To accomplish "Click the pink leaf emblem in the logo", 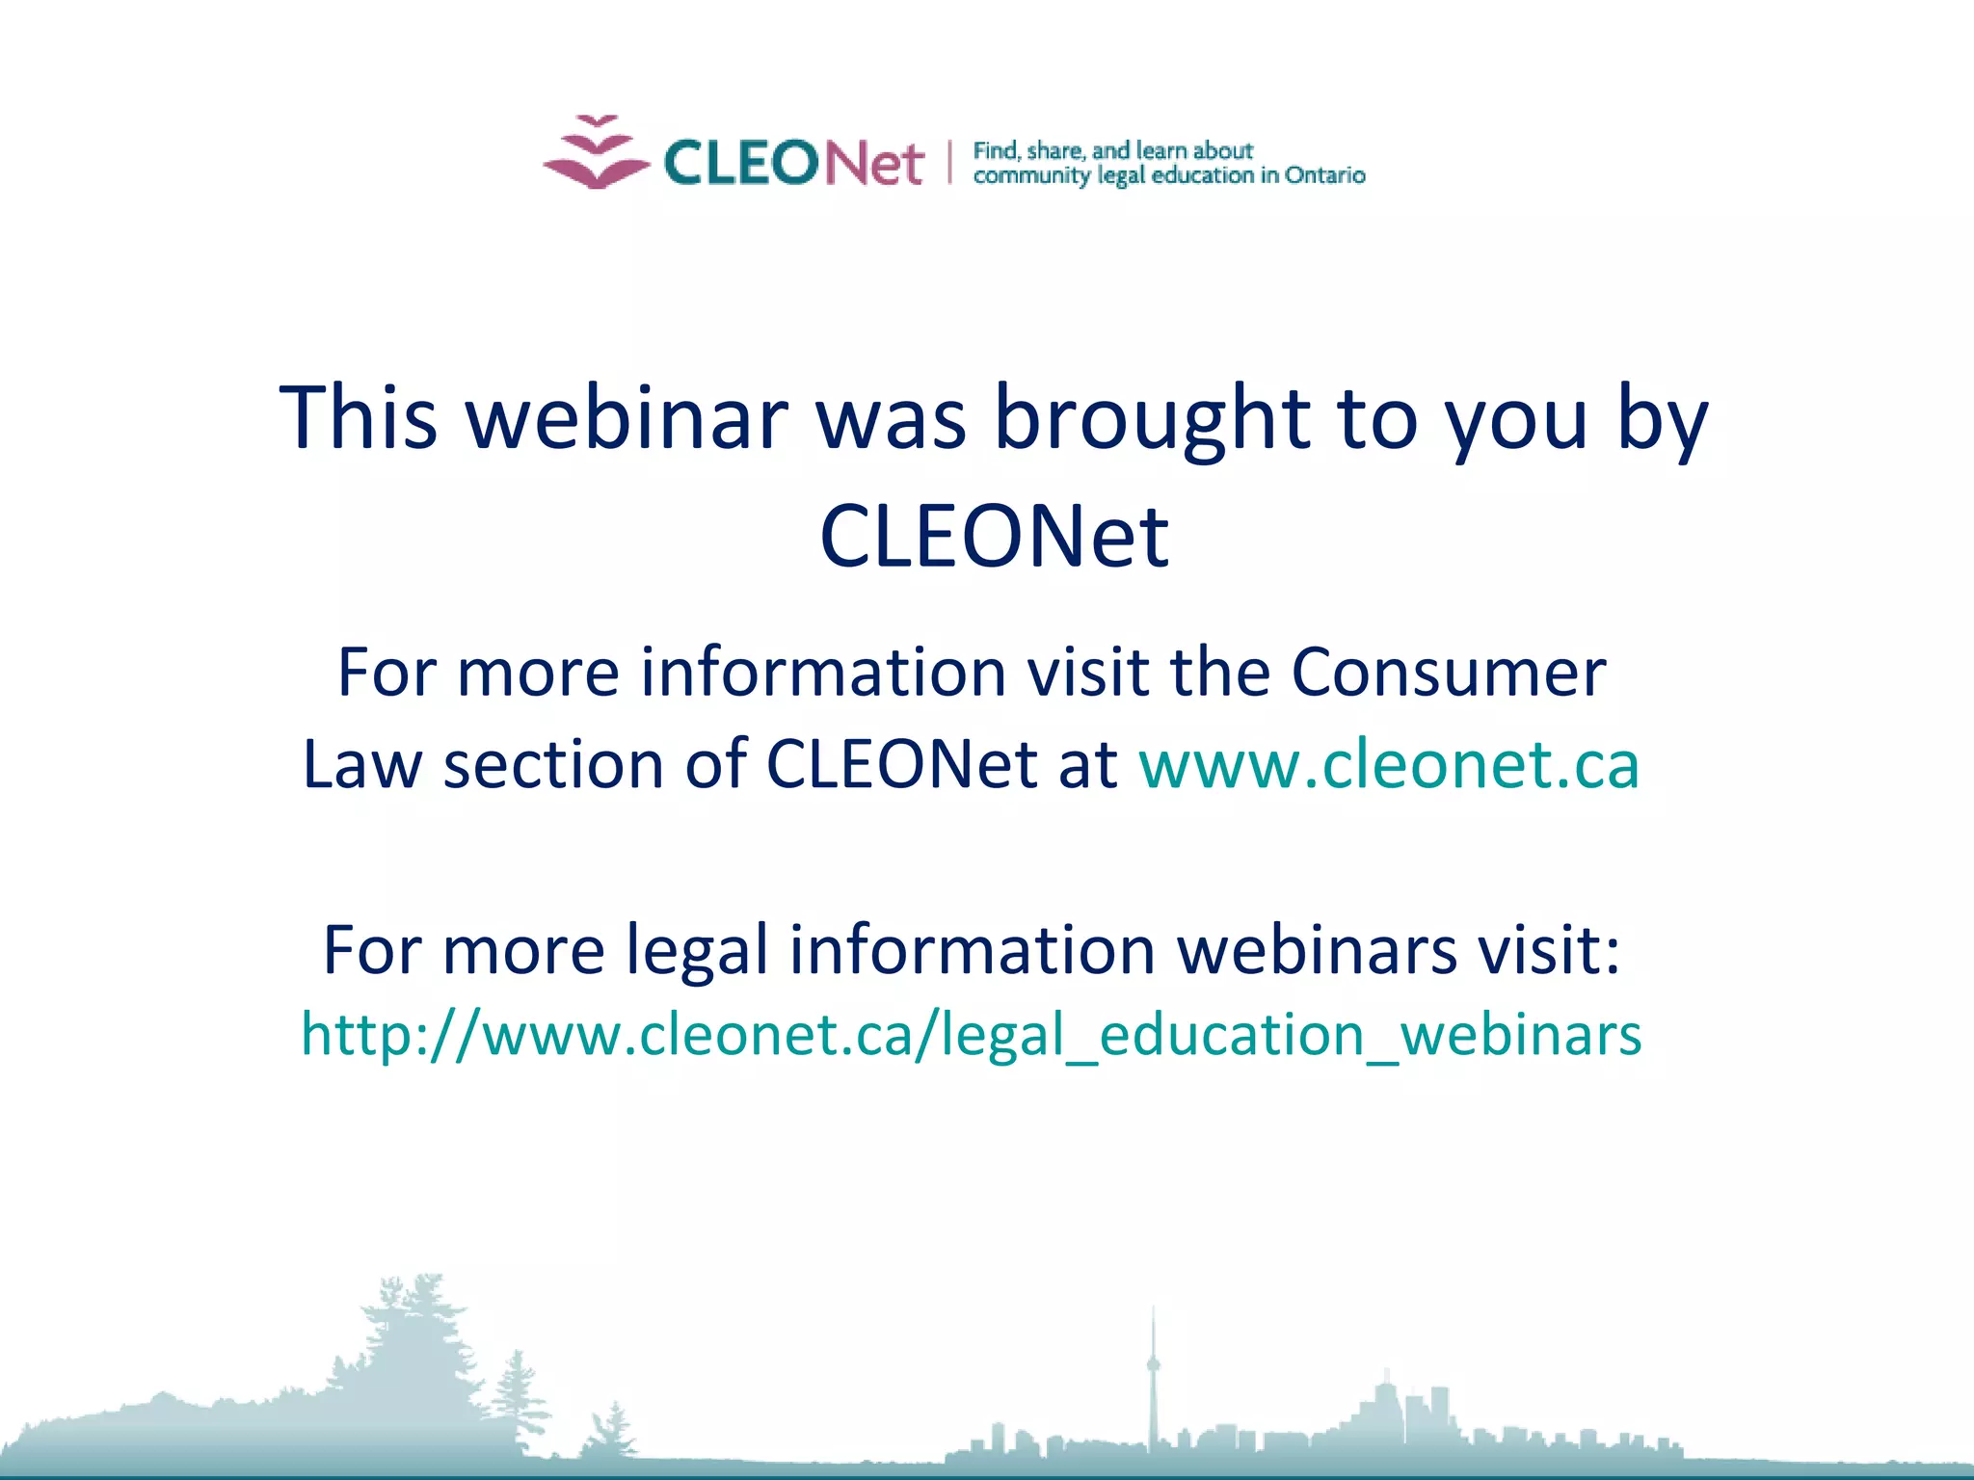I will point(596,154).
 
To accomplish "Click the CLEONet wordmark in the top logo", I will point(793,162).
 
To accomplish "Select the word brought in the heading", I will point(1151,417).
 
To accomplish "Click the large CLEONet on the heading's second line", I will point(994,536).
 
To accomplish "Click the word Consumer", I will point(1448,672).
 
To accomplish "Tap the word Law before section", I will point(362,764).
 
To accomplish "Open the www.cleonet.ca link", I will point(1389,764).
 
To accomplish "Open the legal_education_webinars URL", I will point(972,1034).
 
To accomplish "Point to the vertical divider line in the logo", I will point(949,162).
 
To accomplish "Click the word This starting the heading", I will point(359,417).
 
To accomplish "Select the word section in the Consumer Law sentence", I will point(552,764).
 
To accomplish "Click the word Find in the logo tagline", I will point(996,150).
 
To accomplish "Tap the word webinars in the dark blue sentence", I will point(1317,950).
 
